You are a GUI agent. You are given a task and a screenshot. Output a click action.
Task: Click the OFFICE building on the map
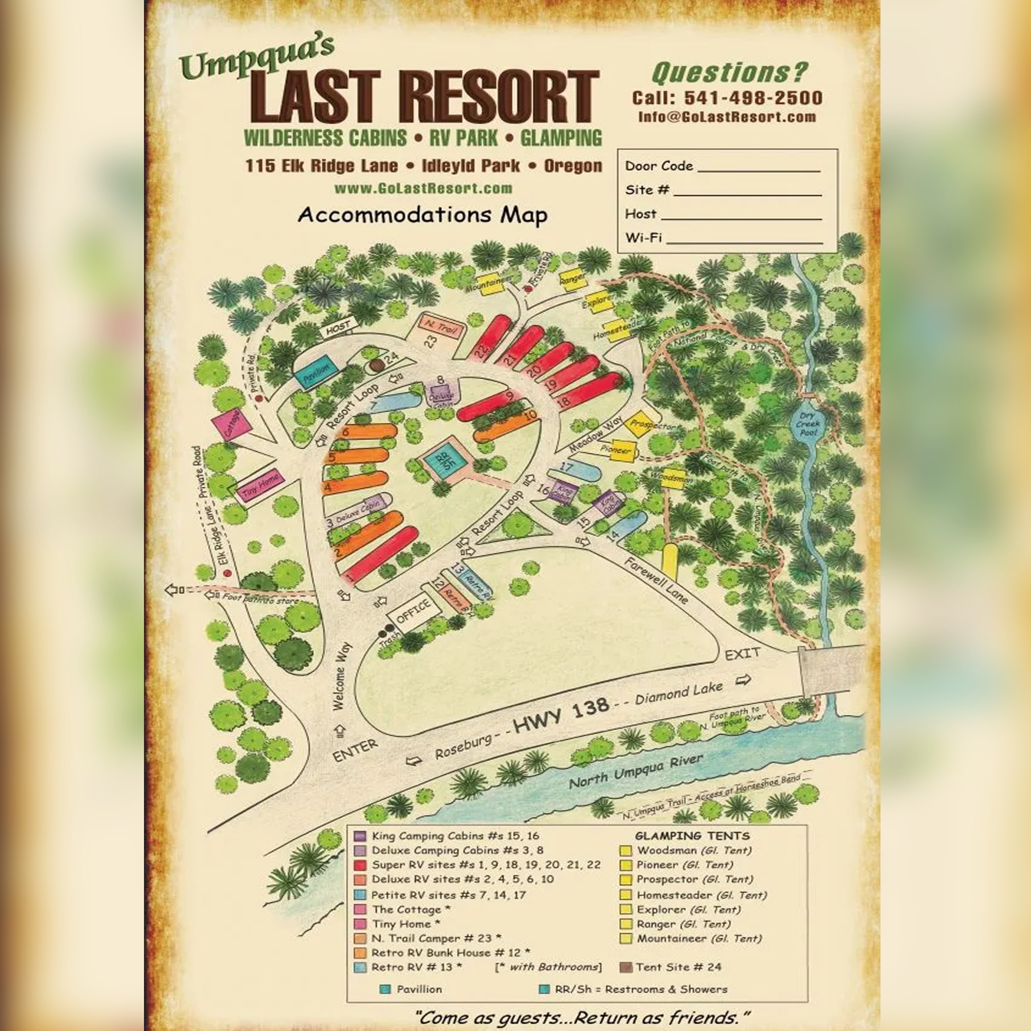(414, 612)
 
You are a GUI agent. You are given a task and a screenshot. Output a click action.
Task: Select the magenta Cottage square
(232, 424)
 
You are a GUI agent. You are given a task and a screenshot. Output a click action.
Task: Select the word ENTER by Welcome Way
(355, 750)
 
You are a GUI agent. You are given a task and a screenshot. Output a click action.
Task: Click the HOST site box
(337, 329)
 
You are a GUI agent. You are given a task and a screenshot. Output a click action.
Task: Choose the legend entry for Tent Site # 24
(678, 967)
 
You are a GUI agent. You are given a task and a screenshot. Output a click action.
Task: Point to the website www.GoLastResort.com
(423, 188)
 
